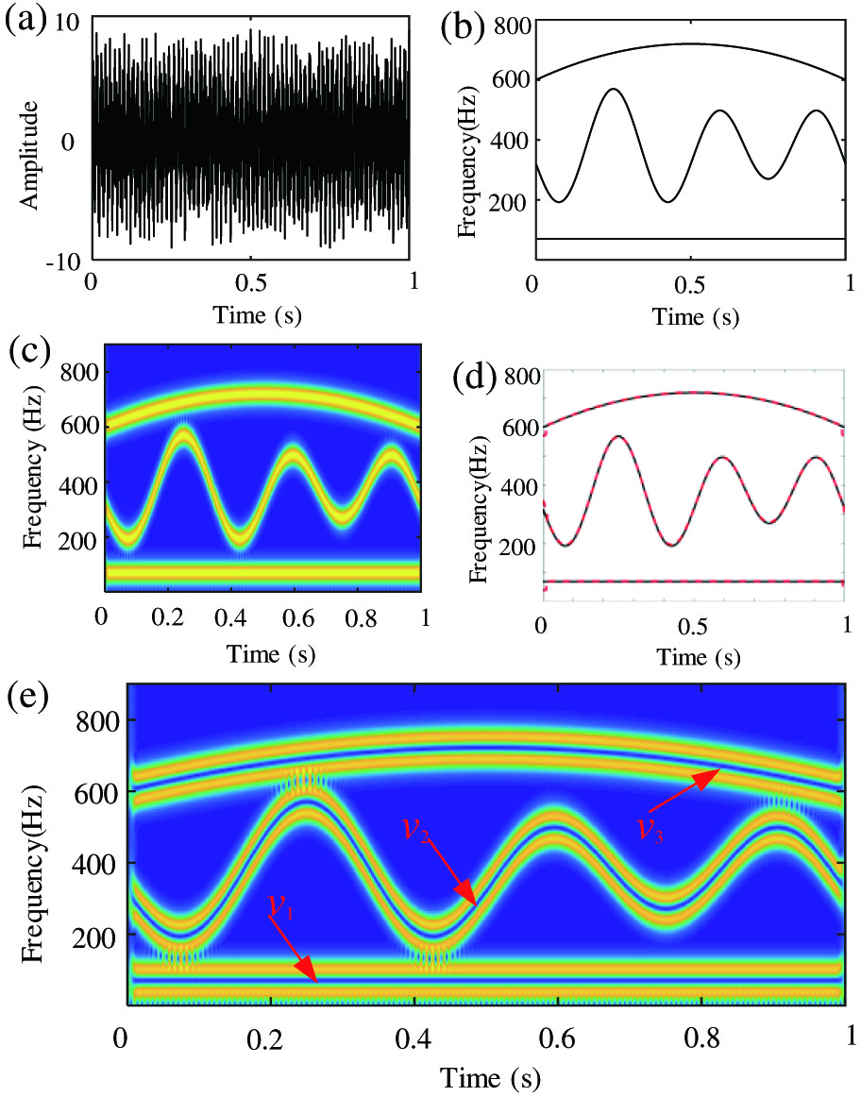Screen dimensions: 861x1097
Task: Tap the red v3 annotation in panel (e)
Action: click(x=650, y=828)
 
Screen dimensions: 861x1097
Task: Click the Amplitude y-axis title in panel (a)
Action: click(x=29, y=156)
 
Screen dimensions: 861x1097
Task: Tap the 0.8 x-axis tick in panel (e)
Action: click(x=701, y=1038)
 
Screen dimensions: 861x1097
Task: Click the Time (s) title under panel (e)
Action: click(x=490, y=1076)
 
